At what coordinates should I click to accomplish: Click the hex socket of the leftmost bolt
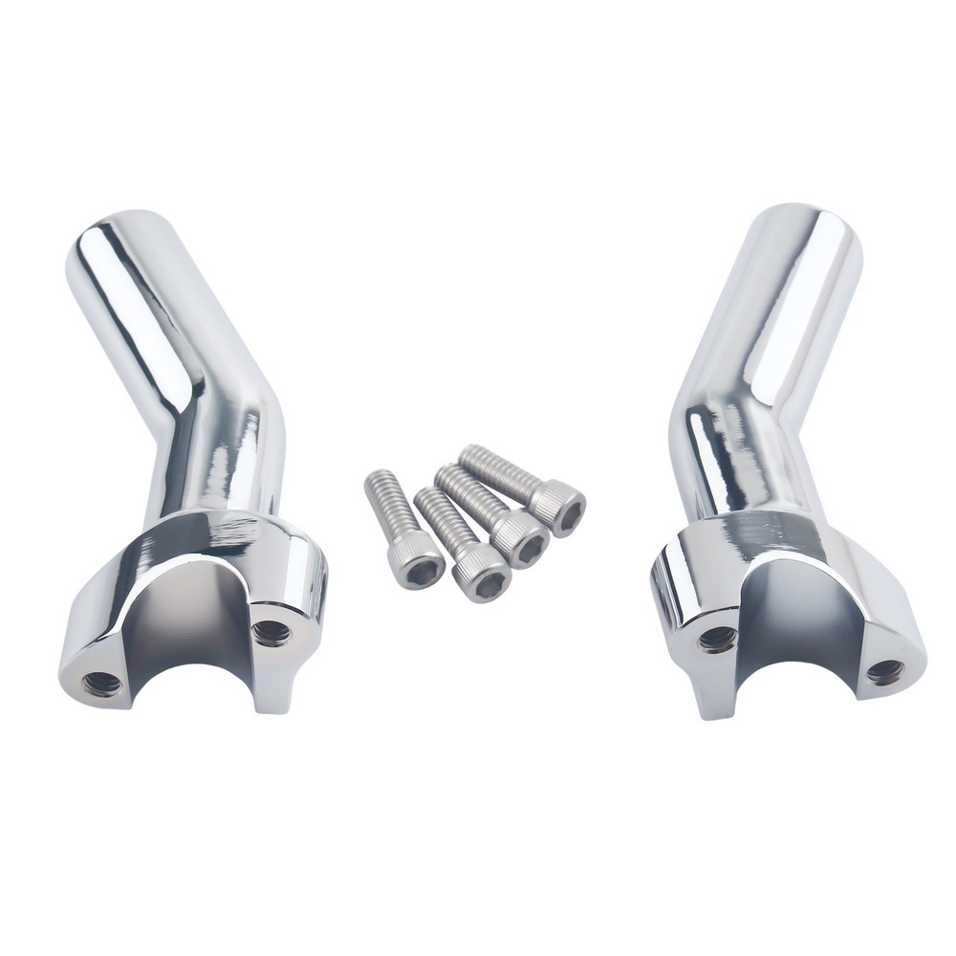(x=421, y=570)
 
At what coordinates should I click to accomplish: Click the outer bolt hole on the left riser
(x=101, y=683)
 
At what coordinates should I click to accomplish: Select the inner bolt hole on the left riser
(x=272, y=632)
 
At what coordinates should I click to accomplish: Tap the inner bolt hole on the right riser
(x=717, y=639)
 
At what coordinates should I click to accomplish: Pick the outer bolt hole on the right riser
(x=885, y=671)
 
